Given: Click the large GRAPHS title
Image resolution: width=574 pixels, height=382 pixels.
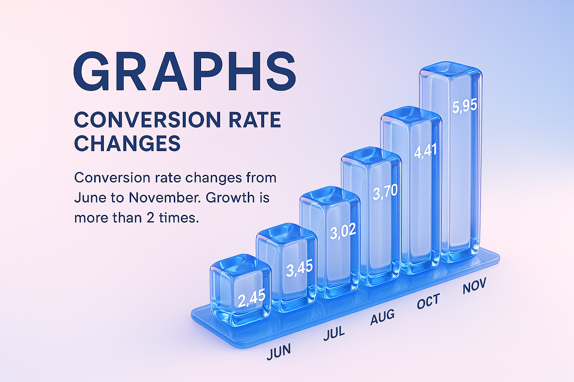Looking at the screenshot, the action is (x=185, y=71).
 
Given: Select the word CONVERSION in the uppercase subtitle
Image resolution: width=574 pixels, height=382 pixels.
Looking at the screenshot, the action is (x=147, y=119).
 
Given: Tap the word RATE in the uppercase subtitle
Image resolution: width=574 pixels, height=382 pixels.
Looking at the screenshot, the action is (x=255, y=119).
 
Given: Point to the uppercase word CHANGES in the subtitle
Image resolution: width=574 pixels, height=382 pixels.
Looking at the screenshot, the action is (x=127, y=143).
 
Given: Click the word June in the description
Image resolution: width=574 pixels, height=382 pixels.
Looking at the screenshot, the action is (x=90, y=198).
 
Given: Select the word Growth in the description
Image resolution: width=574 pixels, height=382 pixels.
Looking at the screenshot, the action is (x=230, y=197).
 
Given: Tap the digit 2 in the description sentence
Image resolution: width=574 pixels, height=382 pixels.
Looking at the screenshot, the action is (x=151, y=218).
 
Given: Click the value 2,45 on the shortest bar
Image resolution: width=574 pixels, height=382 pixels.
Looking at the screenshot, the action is (x=251, y=298).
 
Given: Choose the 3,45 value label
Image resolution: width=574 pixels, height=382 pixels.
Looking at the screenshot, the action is (x=299, y=267).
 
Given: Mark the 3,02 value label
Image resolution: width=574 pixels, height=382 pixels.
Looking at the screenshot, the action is (x=343, y=231).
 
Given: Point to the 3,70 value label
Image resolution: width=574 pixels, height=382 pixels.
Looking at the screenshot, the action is (x=385, y=192).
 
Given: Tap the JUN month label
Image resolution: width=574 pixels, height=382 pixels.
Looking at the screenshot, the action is (x=279, y=351).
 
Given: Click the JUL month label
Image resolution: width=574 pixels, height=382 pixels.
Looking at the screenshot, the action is (x=334, y=333).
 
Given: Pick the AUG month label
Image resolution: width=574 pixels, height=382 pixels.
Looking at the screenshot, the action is (x=382, y=317).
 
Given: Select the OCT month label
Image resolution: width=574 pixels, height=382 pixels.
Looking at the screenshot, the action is (x=428, y=301).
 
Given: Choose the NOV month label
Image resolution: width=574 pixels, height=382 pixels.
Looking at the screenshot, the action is (x=474, y=285).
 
